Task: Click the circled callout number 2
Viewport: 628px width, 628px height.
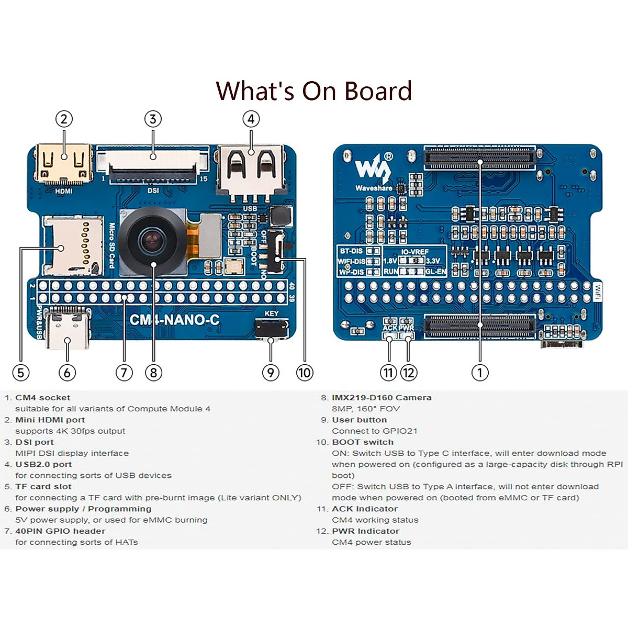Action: (64, 119)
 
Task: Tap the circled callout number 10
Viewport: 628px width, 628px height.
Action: (304, 373)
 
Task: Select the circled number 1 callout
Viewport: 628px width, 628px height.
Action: (480, 373)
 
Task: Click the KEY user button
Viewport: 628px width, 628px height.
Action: (271, 328)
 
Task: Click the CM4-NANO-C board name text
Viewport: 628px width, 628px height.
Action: (174, 320)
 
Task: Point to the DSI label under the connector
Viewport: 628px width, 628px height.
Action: (153, 190)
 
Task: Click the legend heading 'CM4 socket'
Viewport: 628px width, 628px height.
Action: (42, 398)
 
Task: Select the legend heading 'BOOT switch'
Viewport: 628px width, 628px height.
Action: (362, 442)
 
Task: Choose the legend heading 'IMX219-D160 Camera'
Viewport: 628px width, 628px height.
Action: (382, 398)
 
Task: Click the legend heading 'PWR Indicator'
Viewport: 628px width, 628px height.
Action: (365, 531)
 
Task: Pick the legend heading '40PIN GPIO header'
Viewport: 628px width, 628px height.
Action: (60, 531)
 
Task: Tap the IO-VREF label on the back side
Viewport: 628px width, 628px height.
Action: (414, 252)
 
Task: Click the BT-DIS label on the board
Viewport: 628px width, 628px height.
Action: (351, 251)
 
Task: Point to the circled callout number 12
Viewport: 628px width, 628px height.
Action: (408, 373)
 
